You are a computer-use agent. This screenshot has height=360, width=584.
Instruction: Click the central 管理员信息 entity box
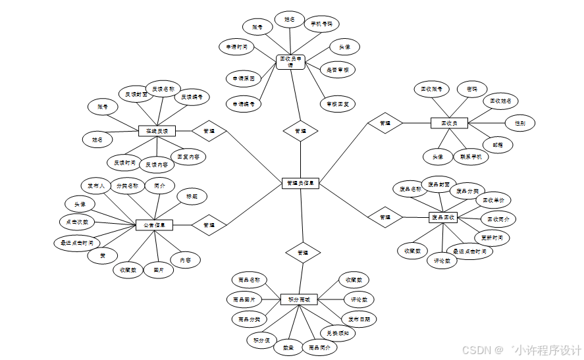pos(300,184)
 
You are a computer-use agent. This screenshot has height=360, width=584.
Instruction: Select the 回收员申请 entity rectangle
pos(290,61)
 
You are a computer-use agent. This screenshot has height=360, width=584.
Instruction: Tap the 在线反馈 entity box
pos(157,131)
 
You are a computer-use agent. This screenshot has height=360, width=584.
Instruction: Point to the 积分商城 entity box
pos(299,299)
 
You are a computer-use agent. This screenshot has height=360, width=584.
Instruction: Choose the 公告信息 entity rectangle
pos(154,225)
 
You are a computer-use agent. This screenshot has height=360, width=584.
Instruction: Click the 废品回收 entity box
pos(442,217)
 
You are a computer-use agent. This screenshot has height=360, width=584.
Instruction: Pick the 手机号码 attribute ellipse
pos(322,24)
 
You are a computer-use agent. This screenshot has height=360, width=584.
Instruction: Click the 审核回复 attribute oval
pos(338,103)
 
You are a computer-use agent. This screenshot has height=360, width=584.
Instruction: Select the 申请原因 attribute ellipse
pos(244,78)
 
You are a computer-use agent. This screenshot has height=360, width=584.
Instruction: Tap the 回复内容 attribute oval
pos(192,157)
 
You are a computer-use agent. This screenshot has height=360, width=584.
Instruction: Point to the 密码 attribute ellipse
pos(472,89)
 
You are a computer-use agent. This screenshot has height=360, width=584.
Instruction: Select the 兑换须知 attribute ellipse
pos(338,333)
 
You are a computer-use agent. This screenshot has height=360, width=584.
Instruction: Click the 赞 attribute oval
pos(103,255)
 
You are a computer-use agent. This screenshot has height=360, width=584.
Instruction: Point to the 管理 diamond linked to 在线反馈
pos(209,131)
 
